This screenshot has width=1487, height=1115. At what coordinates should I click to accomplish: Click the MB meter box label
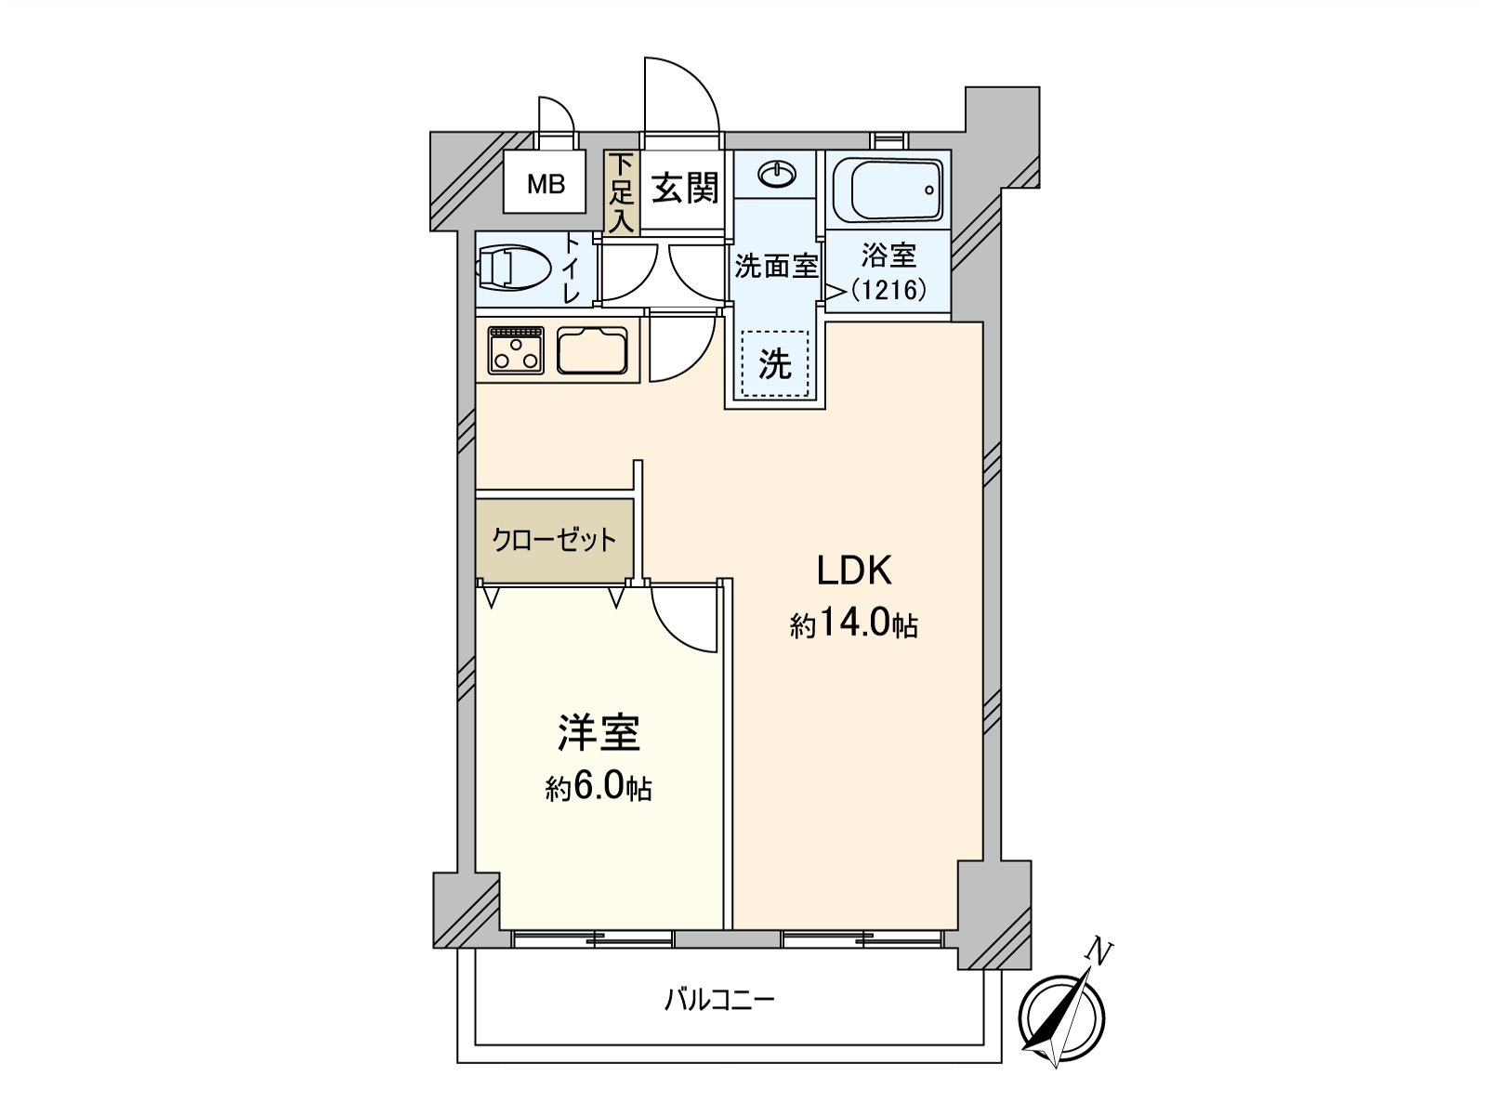546,184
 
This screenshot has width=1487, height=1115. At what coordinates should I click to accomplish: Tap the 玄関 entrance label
685,188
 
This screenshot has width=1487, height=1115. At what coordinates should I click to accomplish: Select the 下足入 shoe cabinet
621,192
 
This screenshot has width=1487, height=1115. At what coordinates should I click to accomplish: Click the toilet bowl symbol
513,269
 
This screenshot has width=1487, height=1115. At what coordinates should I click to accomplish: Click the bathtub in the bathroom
888,190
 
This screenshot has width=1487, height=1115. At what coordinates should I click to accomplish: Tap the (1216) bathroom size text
888,291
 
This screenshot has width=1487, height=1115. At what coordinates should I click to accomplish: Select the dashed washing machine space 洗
775,363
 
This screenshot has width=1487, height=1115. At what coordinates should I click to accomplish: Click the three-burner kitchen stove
517,350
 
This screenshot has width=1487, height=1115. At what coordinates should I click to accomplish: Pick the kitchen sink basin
592,350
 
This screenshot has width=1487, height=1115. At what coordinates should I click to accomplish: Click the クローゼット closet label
554,540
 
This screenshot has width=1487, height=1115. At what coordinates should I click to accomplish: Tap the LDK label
854,571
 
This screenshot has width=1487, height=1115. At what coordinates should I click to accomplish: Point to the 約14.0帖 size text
853,624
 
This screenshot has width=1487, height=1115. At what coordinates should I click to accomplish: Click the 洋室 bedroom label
599,732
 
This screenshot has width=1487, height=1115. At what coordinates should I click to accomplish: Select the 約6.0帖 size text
599,788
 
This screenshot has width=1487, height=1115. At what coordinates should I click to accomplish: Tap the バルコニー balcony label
718,1000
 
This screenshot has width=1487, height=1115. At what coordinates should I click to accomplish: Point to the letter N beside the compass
1098,952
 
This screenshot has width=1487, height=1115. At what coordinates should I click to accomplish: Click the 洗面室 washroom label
776,267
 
